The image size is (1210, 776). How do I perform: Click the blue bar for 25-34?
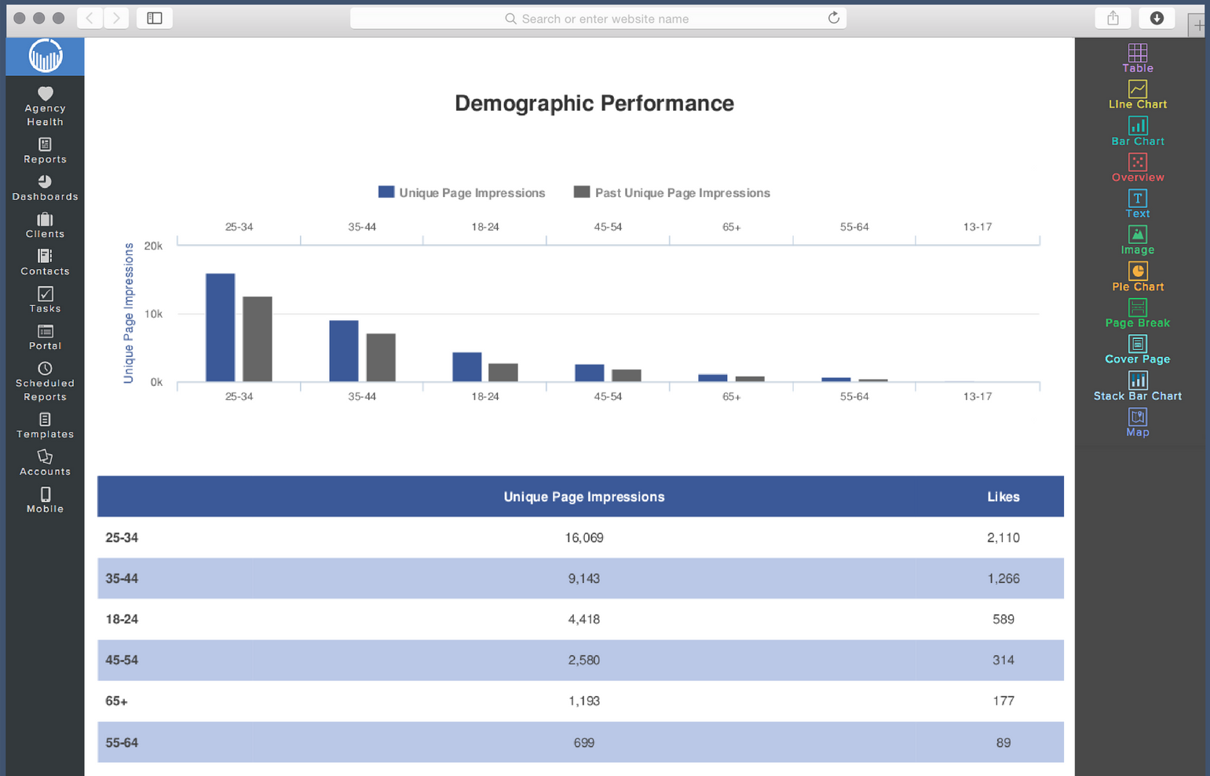220,328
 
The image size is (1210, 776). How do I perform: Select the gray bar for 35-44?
381,358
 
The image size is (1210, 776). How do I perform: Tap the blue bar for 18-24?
467,367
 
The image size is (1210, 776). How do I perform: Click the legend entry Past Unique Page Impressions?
672,193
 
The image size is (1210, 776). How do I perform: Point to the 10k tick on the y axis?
154,314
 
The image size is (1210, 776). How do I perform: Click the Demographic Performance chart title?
594,104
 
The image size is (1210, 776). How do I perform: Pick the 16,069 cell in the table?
584,538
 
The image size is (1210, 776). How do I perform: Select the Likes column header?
1003,497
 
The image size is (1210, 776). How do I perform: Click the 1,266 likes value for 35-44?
1003,579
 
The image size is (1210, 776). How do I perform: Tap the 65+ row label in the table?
116,701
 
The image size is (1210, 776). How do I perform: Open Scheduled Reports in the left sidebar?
45,381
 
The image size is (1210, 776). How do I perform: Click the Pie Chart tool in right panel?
1137,277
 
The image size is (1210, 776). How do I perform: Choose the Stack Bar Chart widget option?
1137,386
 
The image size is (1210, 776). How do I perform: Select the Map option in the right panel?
1137,422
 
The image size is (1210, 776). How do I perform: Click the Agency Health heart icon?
45,93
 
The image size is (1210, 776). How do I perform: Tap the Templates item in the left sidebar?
45,425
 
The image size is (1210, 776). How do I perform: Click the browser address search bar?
598,19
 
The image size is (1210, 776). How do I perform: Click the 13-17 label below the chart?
977,397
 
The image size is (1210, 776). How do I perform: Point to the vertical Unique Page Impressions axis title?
129,313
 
